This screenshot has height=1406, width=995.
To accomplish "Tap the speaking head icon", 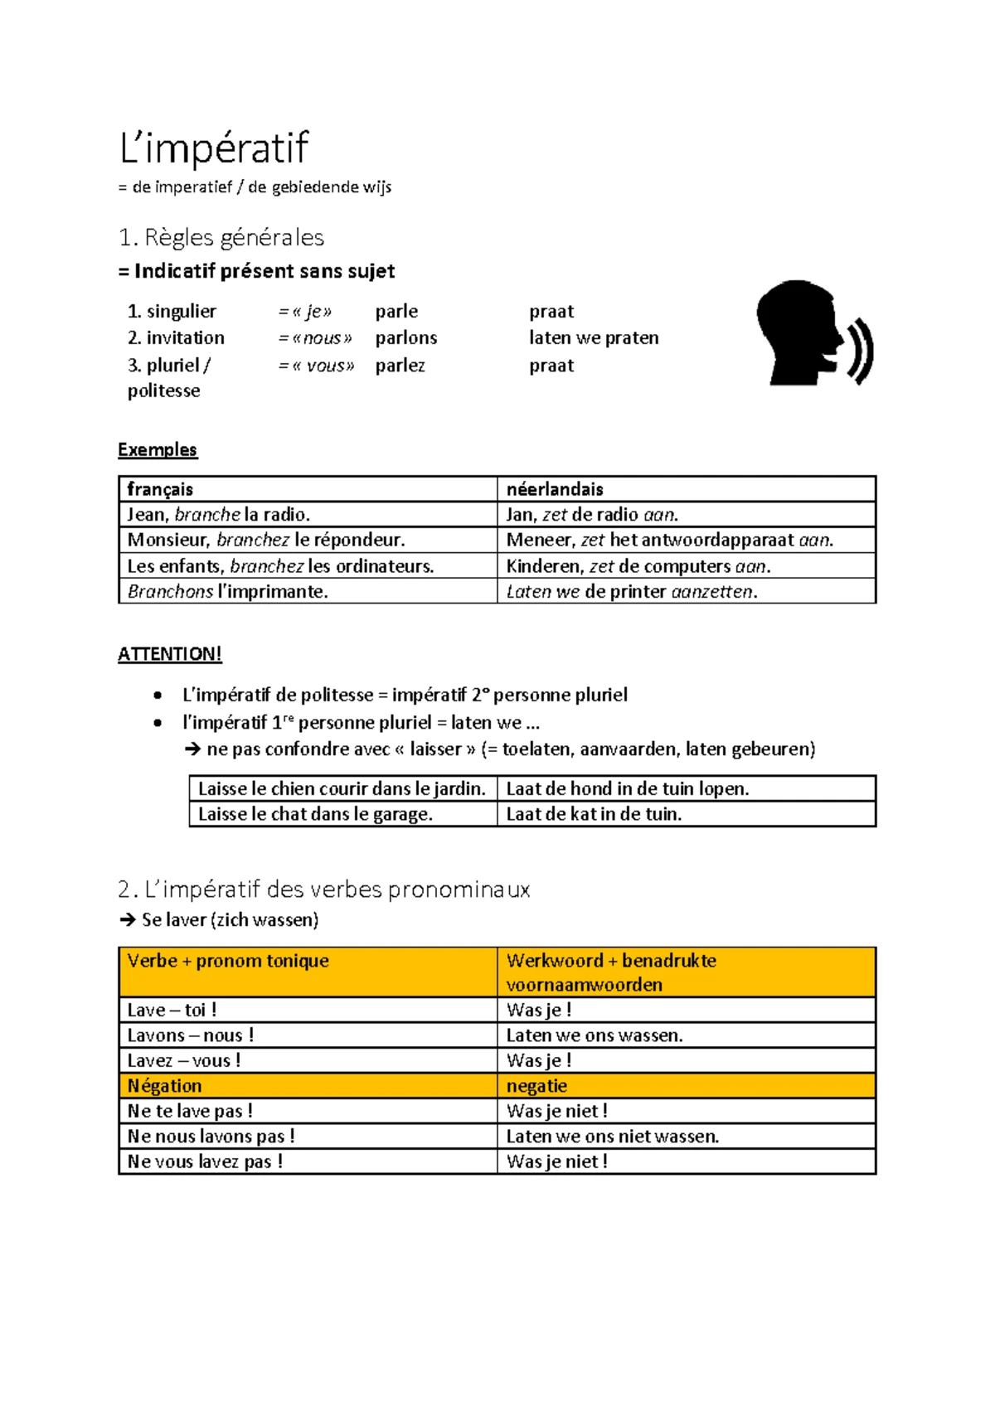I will click(813, 333).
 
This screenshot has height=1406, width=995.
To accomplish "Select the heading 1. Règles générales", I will click(221, 238).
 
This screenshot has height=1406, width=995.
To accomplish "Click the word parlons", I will click(405, 338).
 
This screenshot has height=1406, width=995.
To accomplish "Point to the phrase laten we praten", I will click(594, 338).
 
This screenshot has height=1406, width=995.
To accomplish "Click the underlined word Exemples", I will click(158, 449).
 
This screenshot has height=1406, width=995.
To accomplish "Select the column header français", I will click(160, 489).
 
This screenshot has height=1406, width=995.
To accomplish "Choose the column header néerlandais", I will click(555, 489).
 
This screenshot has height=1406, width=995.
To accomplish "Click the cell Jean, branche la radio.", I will click(219, 515).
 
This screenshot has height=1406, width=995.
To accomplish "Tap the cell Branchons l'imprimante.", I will click(228, 592).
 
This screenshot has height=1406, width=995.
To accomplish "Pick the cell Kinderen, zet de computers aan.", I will click(638, 566).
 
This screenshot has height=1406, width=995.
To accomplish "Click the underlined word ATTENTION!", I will click(170, 654).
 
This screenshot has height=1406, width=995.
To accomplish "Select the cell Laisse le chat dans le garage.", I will click(315, 814).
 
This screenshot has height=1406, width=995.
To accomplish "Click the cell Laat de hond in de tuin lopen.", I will click(628, 789).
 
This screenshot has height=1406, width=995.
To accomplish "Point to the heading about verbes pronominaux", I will click(324, 890).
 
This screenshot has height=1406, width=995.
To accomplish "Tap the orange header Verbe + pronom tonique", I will click(228, 961).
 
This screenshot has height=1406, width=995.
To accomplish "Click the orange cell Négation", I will click(164, 1086).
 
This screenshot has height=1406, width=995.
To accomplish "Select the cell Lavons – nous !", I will click(191, 1035).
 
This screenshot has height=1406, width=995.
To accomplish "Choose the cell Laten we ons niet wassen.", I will click(613, 1137).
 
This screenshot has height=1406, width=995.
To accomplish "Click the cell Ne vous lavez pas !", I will click(205, 1161).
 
